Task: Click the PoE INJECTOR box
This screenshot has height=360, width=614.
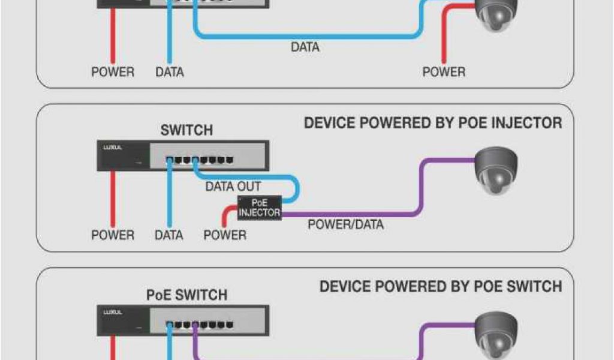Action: [259, 208]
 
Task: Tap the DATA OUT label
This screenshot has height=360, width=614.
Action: [233, 187]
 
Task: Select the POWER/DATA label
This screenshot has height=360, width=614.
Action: [345, 225]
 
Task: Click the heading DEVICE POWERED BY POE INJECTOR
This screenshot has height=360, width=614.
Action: [433, 123]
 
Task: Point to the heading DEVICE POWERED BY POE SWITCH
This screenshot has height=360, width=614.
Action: [441, 286]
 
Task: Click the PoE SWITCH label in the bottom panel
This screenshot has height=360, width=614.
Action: [186, 295]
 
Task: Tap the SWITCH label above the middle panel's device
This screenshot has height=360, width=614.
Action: [186, 130]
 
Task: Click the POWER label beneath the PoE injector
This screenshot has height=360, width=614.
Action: [225, 235]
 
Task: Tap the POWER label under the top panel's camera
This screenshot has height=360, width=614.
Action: [444, 72]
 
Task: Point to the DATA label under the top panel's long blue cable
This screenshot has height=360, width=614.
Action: [305, 47]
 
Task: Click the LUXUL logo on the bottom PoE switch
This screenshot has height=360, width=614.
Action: [111, 312]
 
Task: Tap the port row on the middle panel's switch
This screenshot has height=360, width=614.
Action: [200, 160]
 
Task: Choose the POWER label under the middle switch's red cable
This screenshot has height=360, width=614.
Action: [113, 235]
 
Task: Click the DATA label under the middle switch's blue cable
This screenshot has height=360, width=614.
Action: [169, 235]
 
